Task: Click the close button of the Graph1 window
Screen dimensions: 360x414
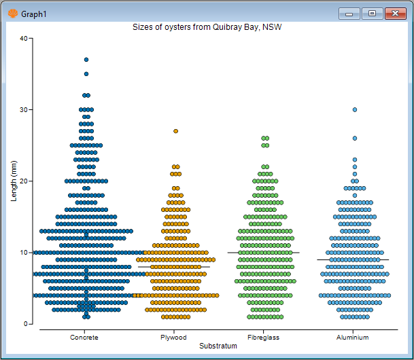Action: (x=395, y=13)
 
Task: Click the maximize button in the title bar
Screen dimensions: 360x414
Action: (x=372, y=13)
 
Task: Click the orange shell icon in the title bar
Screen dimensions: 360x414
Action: (x=12, y=13)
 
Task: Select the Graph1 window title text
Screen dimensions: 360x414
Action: (x=33, y=14)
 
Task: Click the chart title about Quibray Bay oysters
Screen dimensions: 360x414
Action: (x=207, y=27)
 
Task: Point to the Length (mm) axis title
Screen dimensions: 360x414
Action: (x=14, y=181)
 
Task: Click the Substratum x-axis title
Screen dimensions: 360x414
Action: (x=218, y=346)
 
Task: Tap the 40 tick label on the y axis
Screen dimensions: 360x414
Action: (x=23, y=39)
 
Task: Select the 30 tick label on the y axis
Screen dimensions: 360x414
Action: (x=23, y=110)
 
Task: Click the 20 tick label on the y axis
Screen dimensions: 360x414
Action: (x=23, y=181)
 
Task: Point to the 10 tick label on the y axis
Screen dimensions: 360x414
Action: (x=23, y=253)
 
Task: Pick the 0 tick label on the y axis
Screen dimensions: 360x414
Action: (x=25, y=324)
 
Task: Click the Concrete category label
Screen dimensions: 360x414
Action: (x=84, y=338)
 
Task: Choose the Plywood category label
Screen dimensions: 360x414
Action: (x=173, y=338)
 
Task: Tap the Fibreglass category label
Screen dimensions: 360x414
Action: (x=263, y=338)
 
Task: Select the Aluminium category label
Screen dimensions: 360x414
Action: (x=353, y=338)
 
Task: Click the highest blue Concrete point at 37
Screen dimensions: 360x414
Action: (x=86, y=60)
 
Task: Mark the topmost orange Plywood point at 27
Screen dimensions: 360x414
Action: (x=175, y=131)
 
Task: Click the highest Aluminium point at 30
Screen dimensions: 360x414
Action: (x=355, y=109)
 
